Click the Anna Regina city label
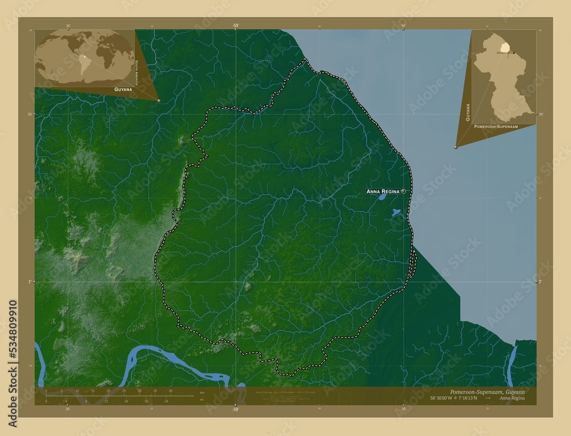point(383,191)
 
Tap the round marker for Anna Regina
point(404,191)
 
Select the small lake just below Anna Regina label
point(381,198)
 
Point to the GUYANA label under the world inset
point(123,90)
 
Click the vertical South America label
point(136,70)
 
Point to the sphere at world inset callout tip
point(159,100)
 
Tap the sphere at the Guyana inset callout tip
point(456,147)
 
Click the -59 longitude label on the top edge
point(235,26)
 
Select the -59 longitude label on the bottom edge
point(235,409)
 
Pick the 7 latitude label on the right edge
point(540,282)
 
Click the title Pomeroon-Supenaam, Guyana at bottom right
point(485,393)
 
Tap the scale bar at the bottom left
point(108,396)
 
